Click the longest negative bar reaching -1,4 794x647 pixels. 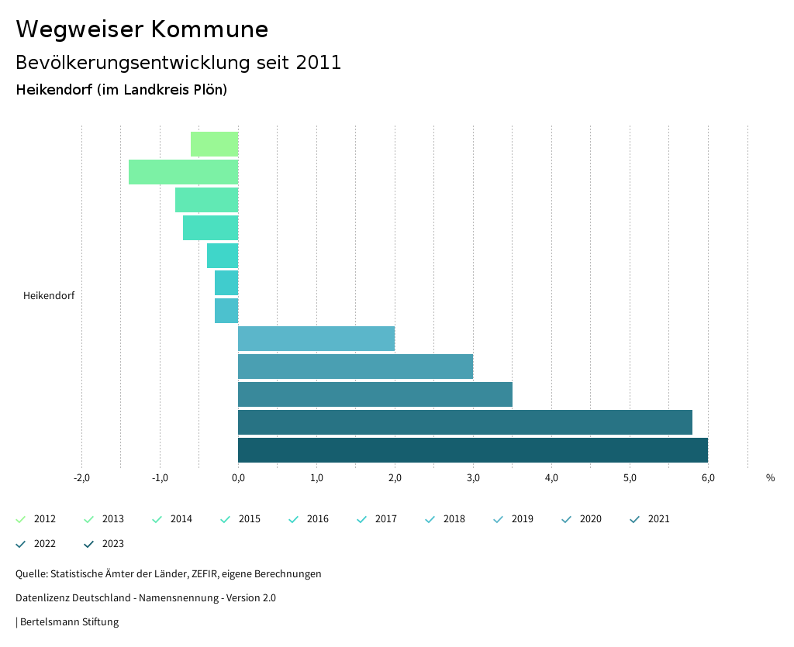[183, 172]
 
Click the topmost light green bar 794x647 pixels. [214, 144]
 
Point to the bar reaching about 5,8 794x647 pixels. [464, 422]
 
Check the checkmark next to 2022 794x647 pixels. [21, 544]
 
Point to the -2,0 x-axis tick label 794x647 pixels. [81, 478]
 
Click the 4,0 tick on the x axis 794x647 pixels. [551, 478]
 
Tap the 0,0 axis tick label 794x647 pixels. [238, 478]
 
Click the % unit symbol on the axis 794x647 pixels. [770, 478]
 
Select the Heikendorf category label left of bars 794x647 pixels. [49, 296]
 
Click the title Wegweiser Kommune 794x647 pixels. [142, 29]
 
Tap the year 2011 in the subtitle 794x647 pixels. [319, 63]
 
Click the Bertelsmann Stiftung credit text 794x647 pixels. [69, 622]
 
